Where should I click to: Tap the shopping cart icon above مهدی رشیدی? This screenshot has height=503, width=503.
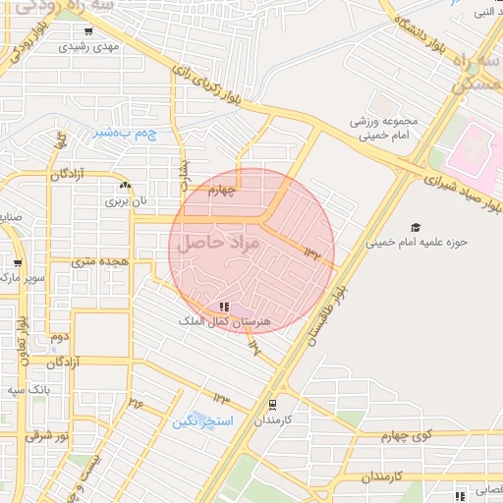pos(89,31)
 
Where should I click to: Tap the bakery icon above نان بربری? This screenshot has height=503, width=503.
pos(125,185)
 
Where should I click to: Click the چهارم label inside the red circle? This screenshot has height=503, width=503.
pos(225,194)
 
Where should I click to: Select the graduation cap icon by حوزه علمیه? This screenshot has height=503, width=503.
pos(417,227)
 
